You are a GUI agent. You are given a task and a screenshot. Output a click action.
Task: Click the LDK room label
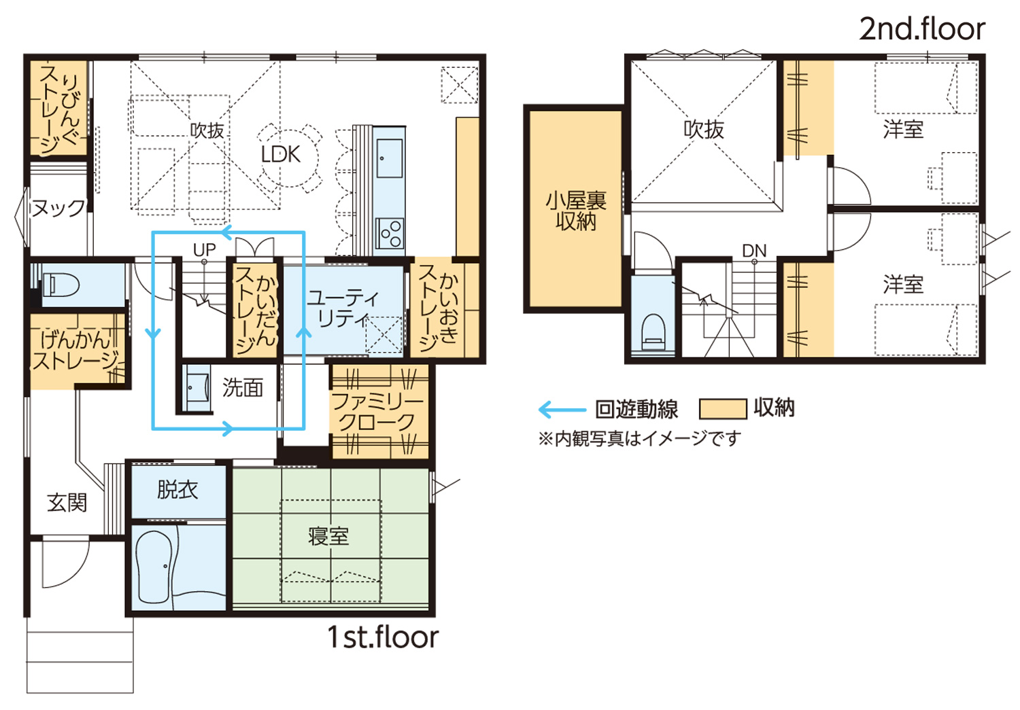[280, 154]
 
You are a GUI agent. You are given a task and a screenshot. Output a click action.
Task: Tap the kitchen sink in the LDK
[390, 158]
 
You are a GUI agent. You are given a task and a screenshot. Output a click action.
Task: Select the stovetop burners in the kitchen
[390, 233]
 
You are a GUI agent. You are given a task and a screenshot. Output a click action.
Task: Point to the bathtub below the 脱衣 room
[155, 567]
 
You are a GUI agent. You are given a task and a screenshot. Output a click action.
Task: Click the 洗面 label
[243, 387]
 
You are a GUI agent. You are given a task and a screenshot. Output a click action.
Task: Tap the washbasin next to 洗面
[197, 388]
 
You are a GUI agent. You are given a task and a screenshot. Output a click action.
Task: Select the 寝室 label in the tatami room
[328, 536]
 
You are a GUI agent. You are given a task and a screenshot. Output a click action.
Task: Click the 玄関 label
[67, 503]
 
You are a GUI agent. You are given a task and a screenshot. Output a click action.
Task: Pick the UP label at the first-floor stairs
[204, 250]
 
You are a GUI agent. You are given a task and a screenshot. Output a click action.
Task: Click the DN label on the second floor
[754, 251]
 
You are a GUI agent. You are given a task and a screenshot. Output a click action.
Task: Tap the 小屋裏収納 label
[575, 211]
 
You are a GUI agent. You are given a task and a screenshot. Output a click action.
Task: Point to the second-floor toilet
[653, 331]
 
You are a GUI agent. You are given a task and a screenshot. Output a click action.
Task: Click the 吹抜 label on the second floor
[704, 130]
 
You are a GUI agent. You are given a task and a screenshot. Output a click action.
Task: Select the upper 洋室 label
[903, 129]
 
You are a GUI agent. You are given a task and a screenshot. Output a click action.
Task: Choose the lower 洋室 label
[903, 285]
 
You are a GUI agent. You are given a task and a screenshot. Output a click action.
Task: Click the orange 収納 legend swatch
[723, 408]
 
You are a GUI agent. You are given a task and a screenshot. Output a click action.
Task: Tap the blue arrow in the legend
[562, 409]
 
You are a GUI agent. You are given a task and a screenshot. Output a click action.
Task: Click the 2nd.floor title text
[922, 29]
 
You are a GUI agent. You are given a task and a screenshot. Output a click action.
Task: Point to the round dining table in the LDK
[290, 158]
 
